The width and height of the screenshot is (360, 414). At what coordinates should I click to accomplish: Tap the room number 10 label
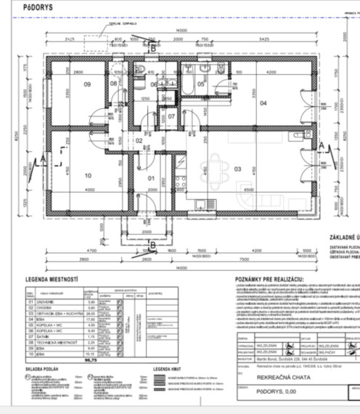pyautogui.click(x=89, y=175)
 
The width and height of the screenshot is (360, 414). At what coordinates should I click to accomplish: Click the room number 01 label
pyautogui.click(x=152, y=178)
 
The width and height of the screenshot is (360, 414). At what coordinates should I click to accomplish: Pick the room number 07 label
pyautogui.click(x=171, y=115)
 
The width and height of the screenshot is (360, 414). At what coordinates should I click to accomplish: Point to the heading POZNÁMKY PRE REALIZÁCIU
pyautogui.click(x=269, y=278)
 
